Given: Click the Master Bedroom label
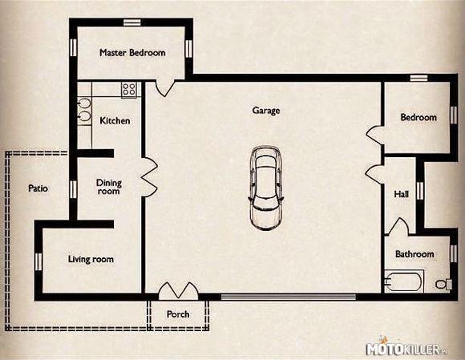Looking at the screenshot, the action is (x=132, y=53).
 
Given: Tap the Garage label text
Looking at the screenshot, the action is (x=266, y=111).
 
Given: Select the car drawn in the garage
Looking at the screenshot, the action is (x=265, y=188).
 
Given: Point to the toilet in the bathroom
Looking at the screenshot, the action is (x=443, y=284).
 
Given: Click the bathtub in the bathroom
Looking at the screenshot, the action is (x=403, y=281).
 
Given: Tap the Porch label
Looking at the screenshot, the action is (x=178, y=314).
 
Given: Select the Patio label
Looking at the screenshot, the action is (x=38, y=188).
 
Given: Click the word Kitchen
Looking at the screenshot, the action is (x=115, y=121).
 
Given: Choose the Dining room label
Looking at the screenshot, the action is (x=109, y=187).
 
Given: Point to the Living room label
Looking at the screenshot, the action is (x=91, y=259).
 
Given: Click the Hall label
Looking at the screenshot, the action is (x=401, y=194).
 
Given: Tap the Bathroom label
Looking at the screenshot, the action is (x=414, y=254).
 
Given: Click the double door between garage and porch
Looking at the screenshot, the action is (x=178, y=290).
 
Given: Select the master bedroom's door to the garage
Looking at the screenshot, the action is (x=165, y=88).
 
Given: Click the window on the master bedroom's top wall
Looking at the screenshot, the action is (x=132, y=22).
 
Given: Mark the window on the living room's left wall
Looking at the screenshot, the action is (x=38, y=261).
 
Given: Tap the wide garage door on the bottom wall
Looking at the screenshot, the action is (x=289, y=297).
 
